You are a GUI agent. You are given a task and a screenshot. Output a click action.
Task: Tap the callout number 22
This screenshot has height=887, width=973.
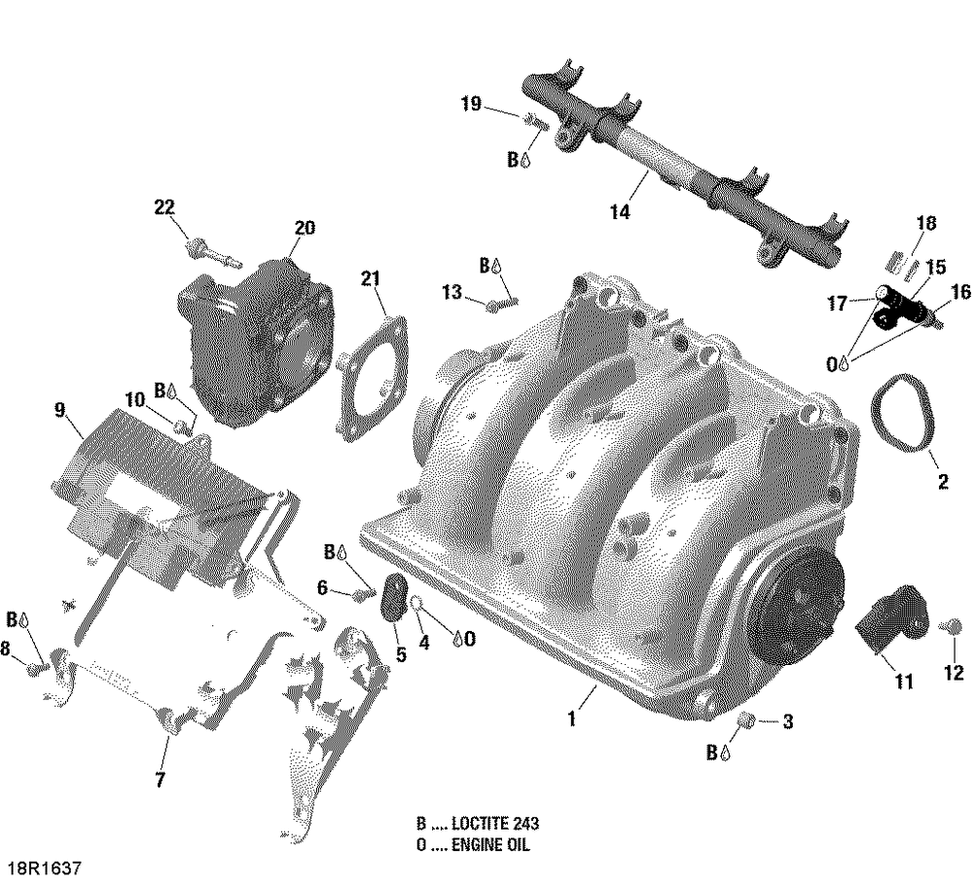click(164, 206)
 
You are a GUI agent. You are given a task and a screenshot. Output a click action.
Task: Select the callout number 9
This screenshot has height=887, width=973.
click(60, 410)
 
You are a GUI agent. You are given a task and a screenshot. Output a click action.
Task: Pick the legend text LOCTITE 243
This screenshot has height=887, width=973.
click(486, 824)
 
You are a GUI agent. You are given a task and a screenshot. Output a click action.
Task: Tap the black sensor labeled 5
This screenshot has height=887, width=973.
click(394, 597)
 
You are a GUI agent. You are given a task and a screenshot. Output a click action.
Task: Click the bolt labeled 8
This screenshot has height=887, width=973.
click(35, 668)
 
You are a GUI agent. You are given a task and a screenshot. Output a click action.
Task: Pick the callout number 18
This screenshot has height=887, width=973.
click(925, 224)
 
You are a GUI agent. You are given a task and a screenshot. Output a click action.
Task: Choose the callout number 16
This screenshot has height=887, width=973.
click(959, 292)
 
